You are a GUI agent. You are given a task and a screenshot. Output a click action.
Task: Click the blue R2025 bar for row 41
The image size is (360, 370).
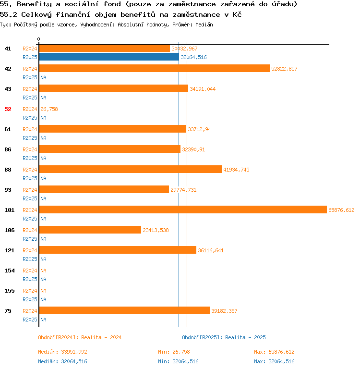(109, 57)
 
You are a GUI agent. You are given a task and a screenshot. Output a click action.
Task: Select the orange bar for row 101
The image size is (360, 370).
(183, 210)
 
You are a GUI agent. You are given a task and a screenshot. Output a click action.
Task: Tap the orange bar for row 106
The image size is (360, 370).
(90, 230)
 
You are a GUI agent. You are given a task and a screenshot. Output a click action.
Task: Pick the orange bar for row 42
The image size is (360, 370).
(154, 69)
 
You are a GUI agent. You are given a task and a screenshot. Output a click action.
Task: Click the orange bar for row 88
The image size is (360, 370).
(130, 170)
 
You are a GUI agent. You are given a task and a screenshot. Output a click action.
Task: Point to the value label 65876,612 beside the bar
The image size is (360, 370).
(341, 210)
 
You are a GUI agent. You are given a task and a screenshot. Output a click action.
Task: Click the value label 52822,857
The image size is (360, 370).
(284, 69)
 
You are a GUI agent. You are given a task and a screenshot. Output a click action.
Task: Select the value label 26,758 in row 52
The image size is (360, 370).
(49, 109)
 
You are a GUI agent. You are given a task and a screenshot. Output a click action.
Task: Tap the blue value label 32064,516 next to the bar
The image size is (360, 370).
(193, 57)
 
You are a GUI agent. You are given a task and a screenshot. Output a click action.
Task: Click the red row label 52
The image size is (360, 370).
(8, 109)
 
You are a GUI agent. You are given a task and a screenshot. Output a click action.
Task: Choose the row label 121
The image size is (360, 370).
(9, 250)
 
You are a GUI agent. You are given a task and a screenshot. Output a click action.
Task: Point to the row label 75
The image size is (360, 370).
(8, 311)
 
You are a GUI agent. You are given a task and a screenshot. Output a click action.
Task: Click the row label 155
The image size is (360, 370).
(9, 291)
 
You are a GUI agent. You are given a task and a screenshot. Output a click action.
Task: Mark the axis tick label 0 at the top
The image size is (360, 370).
(39, 39)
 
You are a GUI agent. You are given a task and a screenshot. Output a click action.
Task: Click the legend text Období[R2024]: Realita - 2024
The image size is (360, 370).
(80, 337)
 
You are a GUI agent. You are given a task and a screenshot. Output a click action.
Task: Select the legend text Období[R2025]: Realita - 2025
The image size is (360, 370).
(224, 337)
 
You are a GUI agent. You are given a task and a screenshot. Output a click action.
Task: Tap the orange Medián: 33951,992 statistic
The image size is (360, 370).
(62, 352)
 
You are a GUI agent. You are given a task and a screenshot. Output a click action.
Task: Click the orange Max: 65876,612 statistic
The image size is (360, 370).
(274, 352)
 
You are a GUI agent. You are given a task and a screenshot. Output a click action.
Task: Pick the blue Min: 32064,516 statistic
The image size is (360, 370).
(178, 361)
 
